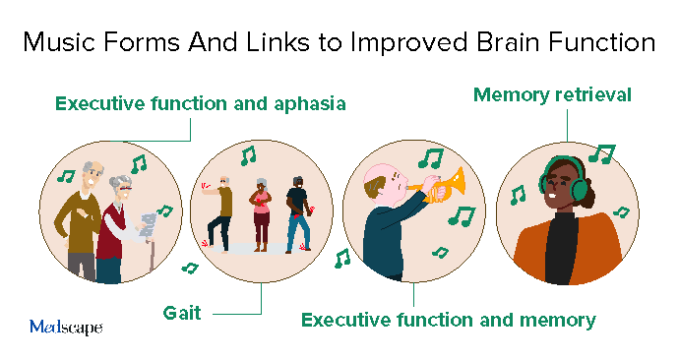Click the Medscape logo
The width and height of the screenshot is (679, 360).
(65, 327)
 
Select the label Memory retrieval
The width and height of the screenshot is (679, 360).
(552, 95)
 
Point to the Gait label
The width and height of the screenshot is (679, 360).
(182, 313)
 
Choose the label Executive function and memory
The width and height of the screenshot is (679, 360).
(448, 320)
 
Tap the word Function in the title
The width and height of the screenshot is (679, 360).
(596, 43)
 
